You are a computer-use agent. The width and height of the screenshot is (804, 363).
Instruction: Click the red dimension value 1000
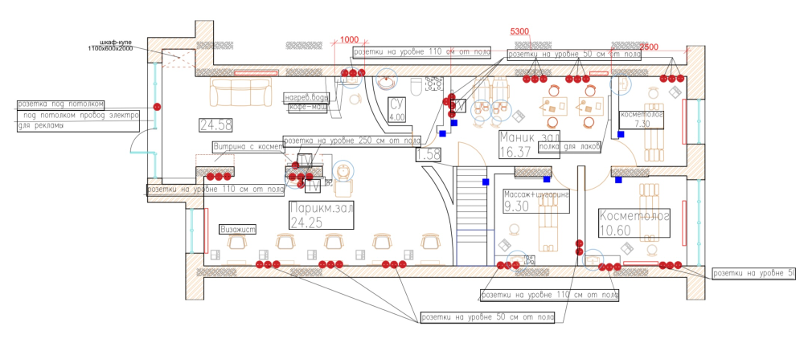pyautogui.click(x=349, y=39)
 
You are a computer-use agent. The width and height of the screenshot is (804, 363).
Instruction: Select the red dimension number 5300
pyautogui.click(x=520, y=31)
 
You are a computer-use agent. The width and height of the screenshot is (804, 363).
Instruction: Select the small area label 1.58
pyautogui.click(x=428, y=154)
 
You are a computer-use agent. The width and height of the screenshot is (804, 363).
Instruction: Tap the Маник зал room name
pyautogui.click(x=528, y=136)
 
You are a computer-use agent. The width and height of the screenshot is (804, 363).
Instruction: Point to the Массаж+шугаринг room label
pyautogui.click(x=536, y=195)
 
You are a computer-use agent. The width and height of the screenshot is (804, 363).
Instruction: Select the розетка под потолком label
pyautogui.click(x=61, y=104)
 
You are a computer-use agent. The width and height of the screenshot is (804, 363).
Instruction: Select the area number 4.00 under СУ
pyautogui.click(x=396, y=117)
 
